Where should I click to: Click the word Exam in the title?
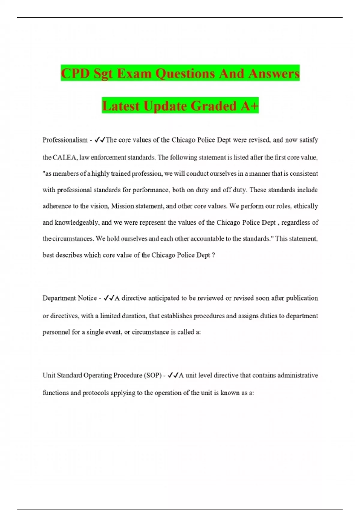[134, 73]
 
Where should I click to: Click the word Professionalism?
[65, 140]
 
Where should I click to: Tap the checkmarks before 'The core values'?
[100, 140]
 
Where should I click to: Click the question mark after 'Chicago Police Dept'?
[213, 255]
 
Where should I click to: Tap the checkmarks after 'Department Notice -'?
[109, 298]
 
